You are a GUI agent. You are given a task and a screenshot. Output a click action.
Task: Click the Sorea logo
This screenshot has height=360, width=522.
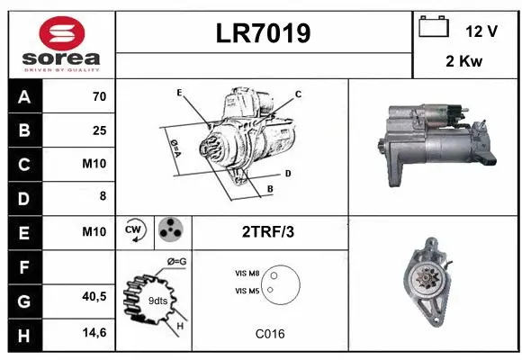tap(61, 45)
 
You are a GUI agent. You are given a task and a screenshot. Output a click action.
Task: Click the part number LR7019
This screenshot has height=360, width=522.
tap(264, 33)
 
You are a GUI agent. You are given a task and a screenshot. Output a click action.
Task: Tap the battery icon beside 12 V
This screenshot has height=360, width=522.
tap(434, 28)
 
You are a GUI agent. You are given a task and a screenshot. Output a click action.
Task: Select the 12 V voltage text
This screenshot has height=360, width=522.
tap(481, 31)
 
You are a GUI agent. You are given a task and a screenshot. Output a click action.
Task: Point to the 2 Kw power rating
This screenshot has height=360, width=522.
tap(463, 63)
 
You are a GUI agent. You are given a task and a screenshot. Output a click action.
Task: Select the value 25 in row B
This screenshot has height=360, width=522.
tap(99, 131)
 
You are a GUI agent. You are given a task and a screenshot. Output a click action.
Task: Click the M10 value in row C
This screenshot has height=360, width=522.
tap(95, 165)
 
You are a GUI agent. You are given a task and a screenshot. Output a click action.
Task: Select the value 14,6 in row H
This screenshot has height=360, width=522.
tap(94, 332)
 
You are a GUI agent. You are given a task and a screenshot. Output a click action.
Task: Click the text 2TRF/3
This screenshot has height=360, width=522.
tap(268, 231)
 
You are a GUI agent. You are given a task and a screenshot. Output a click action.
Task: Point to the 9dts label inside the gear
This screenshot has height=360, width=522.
tap(157, 300)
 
